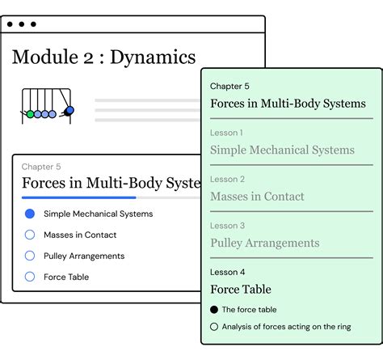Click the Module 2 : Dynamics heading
(103, 57)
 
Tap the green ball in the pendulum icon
(31, 115)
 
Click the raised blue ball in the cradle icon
(69, 110)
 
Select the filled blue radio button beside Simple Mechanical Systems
(30, 214)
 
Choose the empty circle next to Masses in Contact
(30, 235)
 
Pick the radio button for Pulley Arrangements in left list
(30, 256)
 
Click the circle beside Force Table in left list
(30, 277)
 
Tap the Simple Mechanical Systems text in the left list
(98, 214)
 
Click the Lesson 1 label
(227, 133)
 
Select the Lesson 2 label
(227, 179)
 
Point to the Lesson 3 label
(227, 226)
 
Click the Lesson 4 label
(227, 272)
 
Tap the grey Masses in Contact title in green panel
(257, 197)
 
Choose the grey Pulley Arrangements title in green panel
(264, 243)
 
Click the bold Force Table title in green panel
(240, 289)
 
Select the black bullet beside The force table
(214, 310)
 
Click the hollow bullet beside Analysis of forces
(214, 327)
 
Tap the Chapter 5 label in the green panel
(229, 86)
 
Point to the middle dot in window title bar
(22, 25)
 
